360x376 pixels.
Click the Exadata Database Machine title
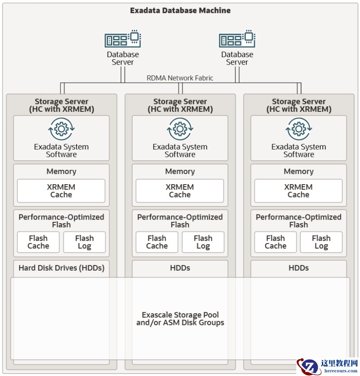180,10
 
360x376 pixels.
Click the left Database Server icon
123,39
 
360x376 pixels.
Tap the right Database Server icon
237,39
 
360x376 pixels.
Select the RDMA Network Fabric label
180,78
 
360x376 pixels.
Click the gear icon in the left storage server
62,129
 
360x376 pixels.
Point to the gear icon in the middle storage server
180,129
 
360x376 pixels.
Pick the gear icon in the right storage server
298,129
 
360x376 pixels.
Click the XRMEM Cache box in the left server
61,191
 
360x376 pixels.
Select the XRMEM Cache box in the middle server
180,191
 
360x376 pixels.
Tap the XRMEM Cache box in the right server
298,191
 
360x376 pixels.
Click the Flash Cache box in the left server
38,242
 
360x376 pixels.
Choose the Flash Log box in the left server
84,242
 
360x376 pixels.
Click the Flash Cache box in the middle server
157,242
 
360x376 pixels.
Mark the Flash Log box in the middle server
203,242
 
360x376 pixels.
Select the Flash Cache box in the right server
276,242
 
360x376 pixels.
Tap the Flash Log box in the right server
321,242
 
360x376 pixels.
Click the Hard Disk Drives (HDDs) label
62,268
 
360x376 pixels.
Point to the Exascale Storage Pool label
180,319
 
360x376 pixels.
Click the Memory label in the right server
298,172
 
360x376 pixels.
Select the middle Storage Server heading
180,105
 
